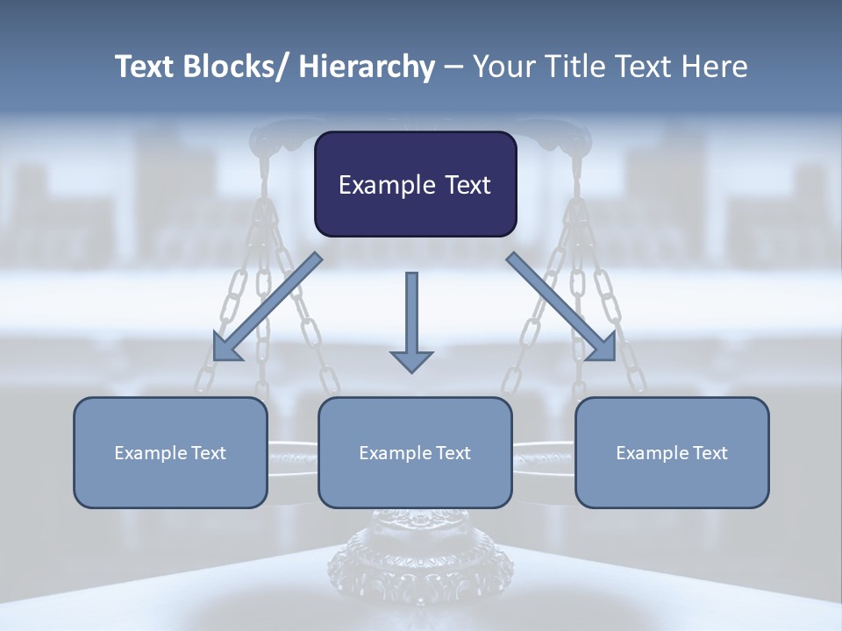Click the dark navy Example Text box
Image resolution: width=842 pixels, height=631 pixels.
(415, 184)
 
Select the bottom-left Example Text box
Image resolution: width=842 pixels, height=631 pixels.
(170, 452)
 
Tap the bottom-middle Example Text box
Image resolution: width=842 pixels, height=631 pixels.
(415, 452)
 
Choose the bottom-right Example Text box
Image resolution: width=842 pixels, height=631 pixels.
(672, 452)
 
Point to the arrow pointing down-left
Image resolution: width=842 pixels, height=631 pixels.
(268, 307)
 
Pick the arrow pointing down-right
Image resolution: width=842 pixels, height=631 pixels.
(561, 307)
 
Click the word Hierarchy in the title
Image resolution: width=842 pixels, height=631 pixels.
(367, 67)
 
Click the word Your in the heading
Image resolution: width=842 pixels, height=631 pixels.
(503, 67)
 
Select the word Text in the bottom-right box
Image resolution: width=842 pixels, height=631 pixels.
(707, 452)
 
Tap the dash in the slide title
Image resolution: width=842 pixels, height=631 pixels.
(453, 67)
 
